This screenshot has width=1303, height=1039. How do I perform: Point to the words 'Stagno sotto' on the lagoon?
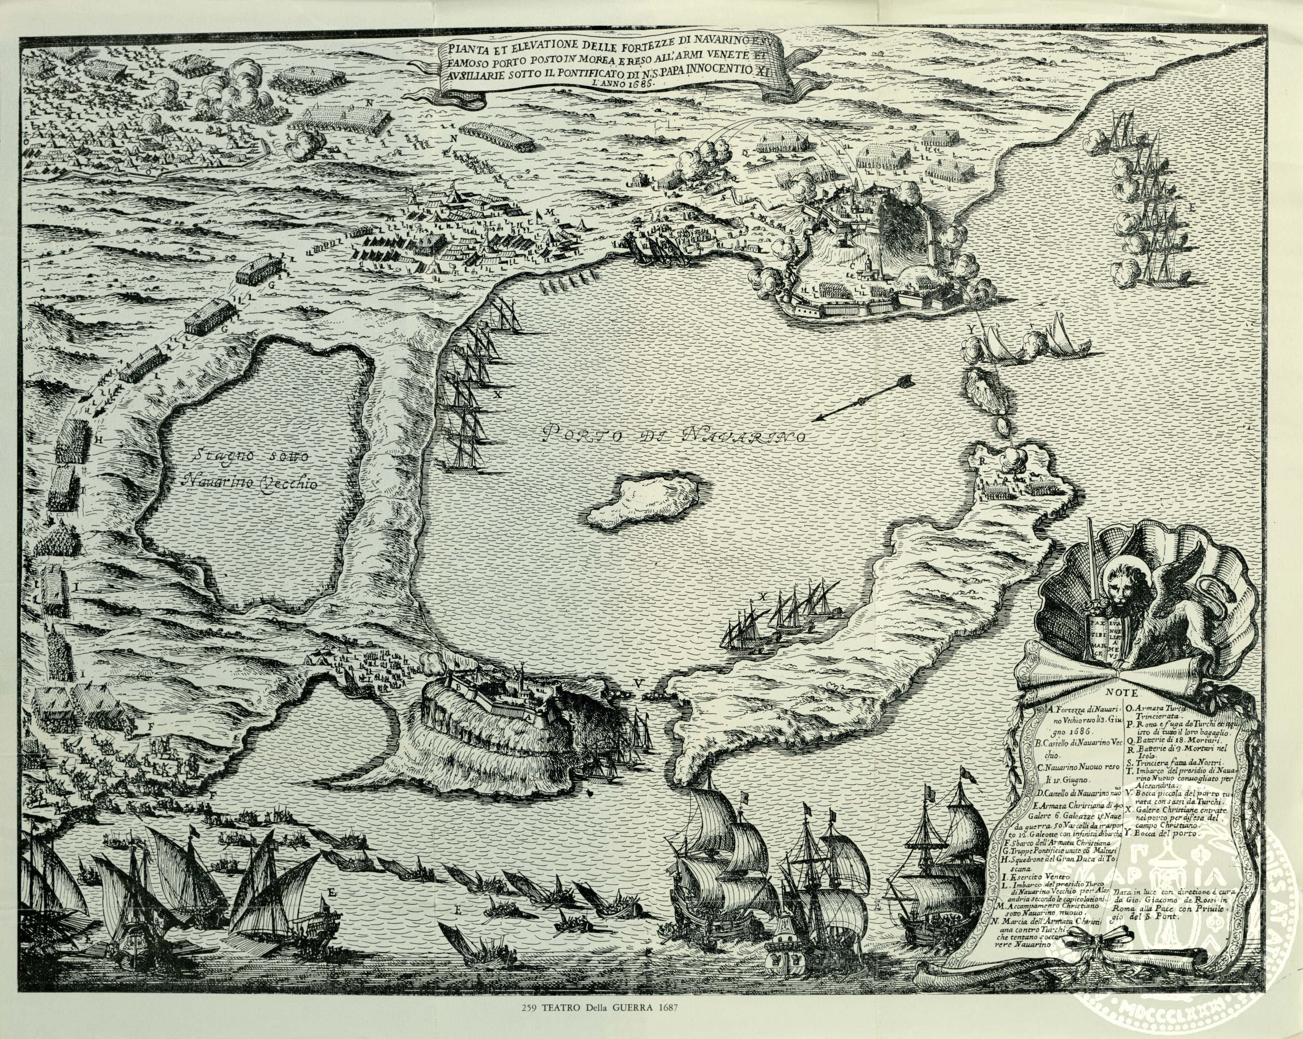pyautogui.click(x=246, y=456)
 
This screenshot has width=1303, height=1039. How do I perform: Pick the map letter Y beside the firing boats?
pyautogui.click(x=971, y=330)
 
